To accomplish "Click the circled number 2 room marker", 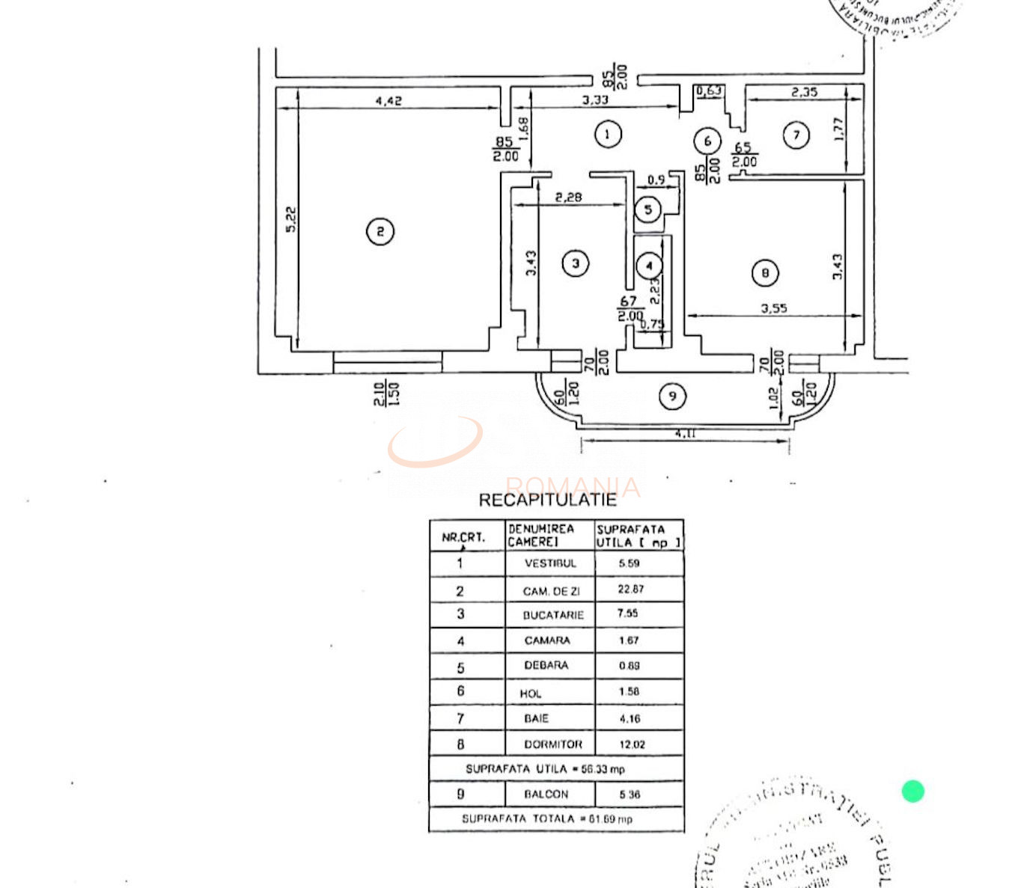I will (380, 232).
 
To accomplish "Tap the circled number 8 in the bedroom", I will (764, 273).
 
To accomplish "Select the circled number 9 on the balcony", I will (672, 396).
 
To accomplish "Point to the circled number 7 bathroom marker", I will (796, 135).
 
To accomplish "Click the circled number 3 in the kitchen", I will (575, 263).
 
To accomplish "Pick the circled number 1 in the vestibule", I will (607, 135).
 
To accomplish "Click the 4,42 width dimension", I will (388, 100).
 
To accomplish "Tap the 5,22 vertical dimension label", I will (291, 219).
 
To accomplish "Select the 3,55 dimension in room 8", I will (774, 307).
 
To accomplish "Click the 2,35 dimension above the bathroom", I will (804, 92).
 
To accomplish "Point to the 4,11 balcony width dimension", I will (685, 433).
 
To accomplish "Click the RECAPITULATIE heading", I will (547, 500).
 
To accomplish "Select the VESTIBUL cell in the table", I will (550, 563).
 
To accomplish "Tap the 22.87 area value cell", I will (630, 590).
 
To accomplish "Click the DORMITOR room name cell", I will (552, 744).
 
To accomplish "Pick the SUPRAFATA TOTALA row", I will (547, 819).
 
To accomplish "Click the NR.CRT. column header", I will (463, 537).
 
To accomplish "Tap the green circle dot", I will (912, 791).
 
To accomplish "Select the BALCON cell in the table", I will (546, 794).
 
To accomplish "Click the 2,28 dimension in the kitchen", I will (568, 197).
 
